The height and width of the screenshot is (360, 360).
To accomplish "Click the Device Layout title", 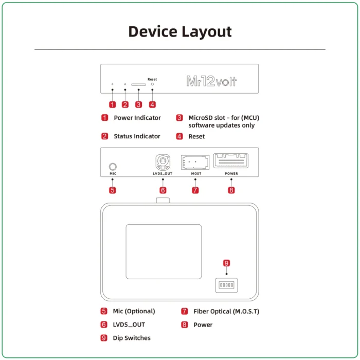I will (x=180, y=31).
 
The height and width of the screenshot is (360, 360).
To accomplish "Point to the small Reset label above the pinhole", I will (x=152, y=79).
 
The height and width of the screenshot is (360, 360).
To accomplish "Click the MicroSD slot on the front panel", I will (x=138, y=84).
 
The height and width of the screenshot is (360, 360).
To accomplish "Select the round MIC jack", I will (x=113, y=167).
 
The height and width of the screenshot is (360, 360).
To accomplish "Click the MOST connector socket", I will (x=195, y=163).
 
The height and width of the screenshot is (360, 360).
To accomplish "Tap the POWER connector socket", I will (x=231, y=160).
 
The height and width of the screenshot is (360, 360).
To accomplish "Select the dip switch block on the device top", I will (x=227, y=284).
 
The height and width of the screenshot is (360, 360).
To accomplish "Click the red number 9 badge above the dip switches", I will (x=227, y=263).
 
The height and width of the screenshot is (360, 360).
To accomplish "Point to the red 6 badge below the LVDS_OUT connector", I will (x=163, y=190).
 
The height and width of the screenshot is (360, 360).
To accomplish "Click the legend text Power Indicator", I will (x=137, y=118).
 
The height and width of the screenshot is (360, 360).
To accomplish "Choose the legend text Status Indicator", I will (x=137, y=136).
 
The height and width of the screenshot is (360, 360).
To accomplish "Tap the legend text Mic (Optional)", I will (x=134, y=311).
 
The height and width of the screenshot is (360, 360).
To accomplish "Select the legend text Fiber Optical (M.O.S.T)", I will (x=226, y=311).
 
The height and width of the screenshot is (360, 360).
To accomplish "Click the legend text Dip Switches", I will (x=132, y=338).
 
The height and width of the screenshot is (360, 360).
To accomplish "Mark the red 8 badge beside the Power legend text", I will (x=185, y=325).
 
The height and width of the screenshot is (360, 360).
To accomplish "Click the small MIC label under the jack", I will (x=113, y=174).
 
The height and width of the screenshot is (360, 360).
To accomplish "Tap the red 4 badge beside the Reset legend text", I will (x=179, y=136).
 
